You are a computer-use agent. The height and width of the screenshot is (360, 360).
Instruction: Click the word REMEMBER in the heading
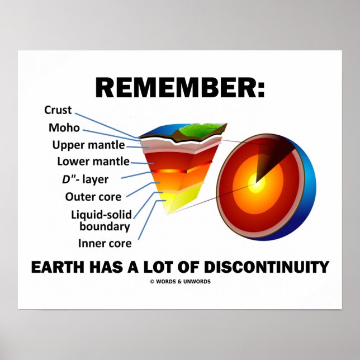tap(174, 88)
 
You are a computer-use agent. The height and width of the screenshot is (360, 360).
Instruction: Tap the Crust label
tap(58, 111)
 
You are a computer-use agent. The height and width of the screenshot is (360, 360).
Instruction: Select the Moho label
tap(64, 128)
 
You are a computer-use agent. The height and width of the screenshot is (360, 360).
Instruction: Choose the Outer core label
tap(93, 196)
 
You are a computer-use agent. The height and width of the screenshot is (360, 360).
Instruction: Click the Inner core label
tap(105, 243)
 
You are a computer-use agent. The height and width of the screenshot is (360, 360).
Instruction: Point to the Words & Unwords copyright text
tap(180, 281)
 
